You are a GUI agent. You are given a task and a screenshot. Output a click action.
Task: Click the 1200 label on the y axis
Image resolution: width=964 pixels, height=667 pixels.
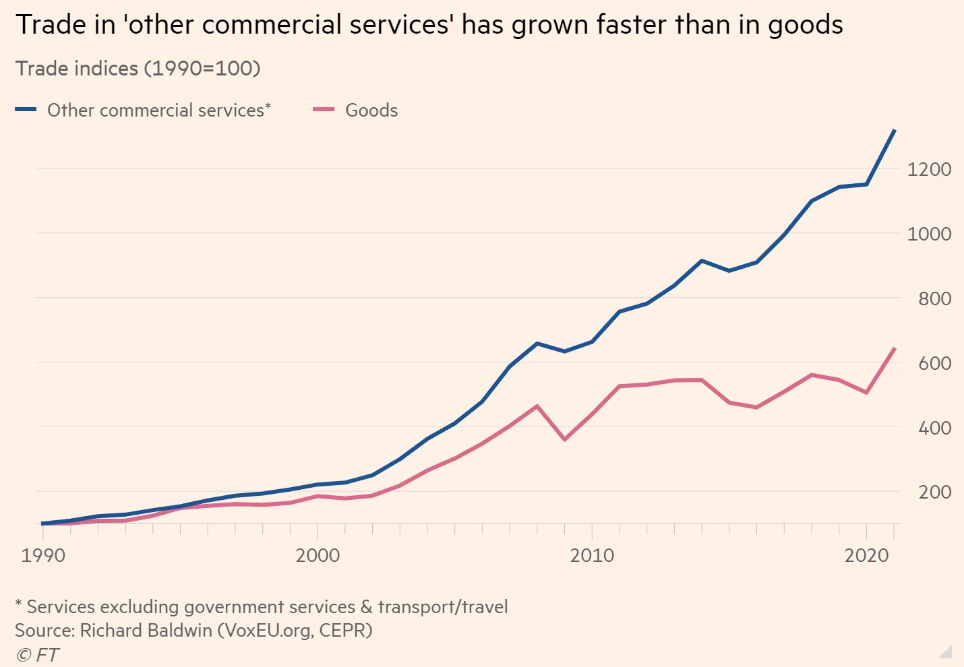pyautogui.click(x=929, y=169)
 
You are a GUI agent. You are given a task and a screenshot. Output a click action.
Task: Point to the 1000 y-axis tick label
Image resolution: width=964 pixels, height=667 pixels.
pyautogui.click(x=929, y=234)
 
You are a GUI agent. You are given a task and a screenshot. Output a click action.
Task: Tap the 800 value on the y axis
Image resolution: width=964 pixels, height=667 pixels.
pyautogui.click(x=934, y=298)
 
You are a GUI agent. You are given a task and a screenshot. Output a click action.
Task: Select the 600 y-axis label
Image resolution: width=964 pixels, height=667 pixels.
pyautogui.click(x=934, y=363)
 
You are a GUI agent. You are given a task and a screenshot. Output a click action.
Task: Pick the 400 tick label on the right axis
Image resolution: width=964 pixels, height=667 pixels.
pyautogui.click(x=934, y=428)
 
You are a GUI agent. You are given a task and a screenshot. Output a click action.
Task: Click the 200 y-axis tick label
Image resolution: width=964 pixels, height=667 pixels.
pyautogui.click(x=934, y=492)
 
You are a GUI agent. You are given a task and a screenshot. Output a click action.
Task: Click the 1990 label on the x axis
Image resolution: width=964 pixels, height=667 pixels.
pyautogui.click(x=43, y=555)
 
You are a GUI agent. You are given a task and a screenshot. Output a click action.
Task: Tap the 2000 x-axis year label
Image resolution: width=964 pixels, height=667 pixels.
pyautogui.click(x=318, y=555)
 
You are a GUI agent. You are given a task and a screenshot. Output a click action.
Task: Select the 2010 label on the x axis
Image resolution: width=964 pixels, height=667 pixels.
pyautogui.click(x=592, y=555)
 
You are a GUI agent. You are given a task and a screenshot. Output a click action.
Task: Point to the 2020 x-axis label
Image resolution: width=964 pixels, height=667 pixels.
pyautogui.click(x=866, y=555)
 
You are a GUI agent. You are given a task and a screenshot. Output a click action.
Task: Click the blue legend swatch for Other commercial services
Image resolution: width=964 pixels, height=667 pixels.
pyautogui.click(x=26, y=110)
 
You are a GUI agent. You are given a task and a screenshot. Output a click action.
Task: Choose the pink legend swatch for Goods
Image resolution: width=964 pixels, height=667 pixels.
pyautogui.click(x=324, y=110)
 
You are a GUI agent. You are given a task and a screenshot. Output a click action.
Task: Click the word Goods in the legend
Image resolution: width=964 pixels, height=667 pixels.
pyautogui.click(x=371, y=110)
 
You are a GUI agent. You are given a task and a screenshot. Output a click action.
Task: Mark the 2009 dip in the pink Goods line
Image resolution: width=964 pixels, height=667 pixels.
pyautogui.click(x=564, y=439)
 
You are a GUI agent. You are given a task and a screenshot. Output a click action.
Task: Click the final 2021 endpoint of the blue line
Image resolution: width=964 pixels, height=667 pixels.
pyautogui.click(x=894, y=130)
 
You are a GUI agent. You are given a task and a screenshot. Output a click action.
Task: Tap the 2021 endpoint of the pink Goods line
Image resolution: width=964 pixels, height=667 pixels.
pyautogui.click(x=894, y=348)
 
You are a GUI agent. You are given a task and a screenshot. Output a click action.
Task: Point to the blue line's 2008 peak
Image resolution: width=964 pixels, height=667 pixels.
pyautogui.click(x=537, y=343)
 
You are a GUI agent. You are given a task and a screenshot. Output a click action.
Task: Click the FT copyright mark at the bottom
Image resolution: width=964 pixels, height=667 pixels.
pyautogui.click(x=38, y=654)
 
